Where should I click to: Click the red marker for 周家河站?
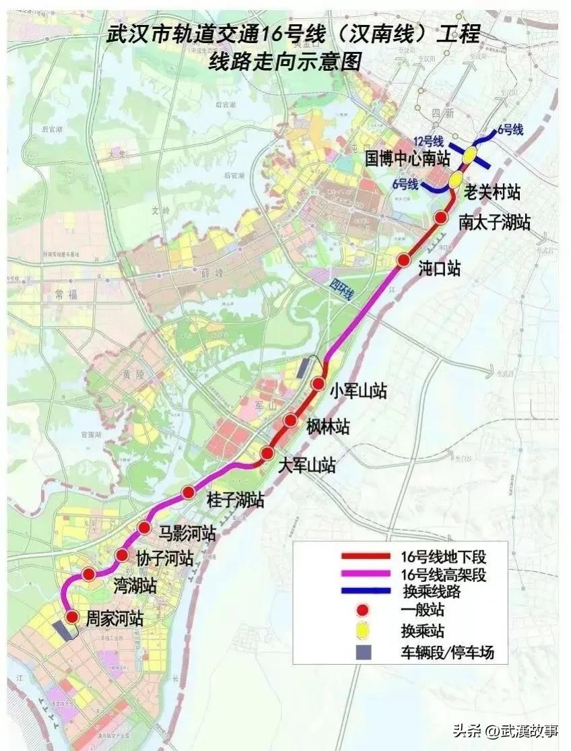71,616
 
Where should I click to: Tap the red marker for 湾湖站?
88,574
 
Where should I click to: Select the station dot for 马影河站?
143,527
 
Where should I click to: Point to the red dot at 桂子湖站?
189,492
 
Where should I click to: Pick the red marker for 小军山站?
319,383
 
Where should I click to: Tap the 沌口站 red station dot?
404,260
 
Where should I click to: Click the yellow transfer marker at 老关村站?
455,179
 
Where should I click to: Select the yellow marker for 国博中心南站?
468,155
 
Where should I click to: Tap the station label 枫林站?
328,426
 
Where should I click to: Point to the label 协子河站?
165,558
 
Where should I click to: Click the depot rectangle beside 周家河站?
65,630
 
